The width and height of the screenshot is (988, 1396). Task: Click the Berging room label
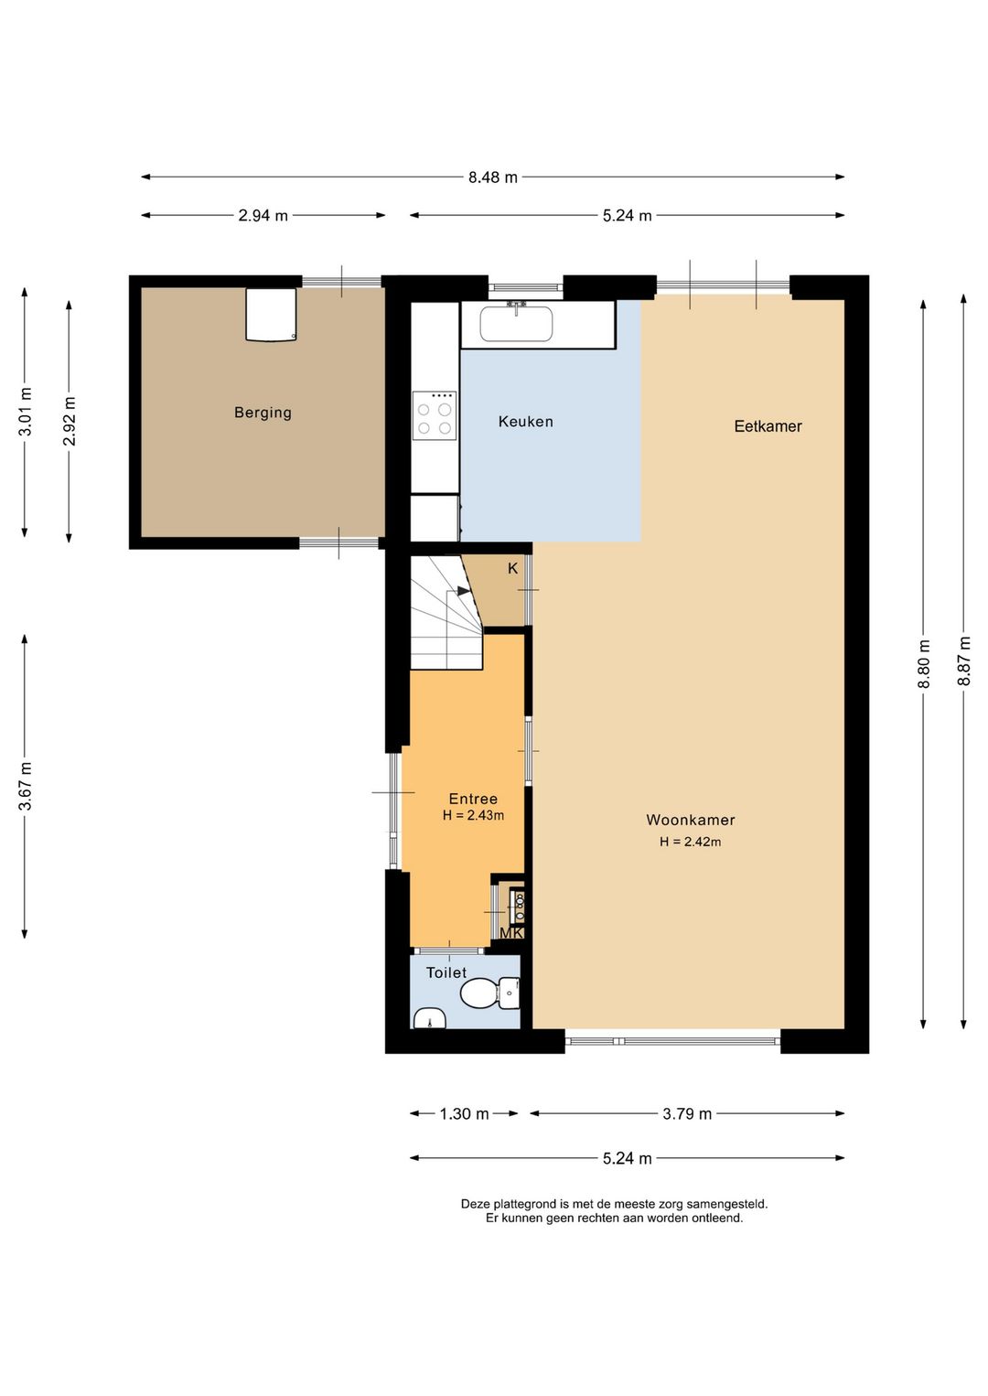[263, 413]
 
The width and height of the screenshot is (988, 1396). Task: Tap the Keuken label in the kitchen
[525, 422]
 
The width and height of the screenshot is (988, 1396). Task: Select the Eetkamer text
[768, 426]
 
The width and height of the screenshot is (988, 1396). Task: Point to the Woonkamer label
[690, 821]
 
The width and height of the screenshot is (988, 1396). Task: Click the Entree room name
[473, 799]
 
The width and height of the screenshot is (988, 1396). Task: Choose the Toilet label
[446, 972]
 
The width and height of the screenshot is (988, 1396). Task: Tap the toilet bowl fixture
[490, 993]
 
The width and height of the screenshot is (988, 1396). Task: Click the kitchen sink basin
[516, 324]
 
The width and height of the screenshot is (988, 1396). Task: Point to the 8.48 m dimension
[493, 177]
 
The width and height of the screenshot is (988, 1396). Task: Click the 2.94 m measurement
[263, 216]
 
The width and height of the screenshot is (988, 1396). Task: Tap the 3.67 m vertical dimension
[25, 787]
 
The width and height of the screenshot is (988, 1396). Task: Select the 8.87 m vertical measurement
[964, 660]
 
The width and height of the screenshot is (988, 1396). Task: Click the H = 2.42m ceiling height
[690, 842]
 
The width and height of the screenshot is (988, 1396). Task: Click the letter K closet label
[512, 568]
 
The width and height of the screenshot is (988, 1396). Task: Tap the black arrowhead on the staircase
[464, 591]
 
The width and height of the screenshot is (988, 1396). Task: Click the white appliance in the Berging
[271, 314]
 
